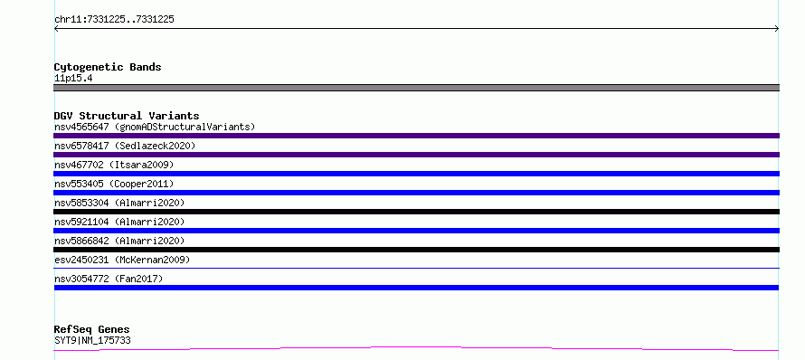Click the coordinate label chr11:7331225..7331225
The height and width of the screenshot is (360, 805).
click(114, 20)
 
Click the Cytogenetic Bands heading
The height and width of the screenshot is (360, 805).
click(108, 67)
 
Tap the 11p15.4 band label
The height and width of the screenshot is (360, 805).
click(73, 79)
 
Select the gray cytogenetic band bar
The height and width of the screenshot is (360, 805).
click(416, 88)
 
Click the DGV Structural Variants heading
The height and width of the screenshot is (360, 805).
click(127, 116)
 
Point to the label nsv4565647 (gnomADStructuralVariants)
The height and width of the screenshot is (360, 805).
click(155, 127)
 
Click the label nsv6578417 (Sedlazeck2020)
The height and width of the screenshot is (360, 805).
click(125, 146)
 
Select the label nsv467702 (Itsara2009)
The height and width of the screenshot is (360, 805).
click(114, 165)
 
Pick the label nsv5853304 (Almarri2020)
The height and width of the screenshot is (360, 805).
click(119, 203)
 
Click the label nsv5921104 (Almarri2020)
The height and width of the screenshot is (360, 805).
click(119, 222)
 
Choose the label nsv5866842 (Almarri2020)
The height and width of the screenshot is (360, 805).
click(119, 241)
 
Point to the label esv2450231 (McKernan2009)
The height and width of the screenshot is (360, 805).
click(122, 260)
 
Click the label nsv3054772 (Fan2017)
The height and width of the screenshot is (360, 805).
click(109, 279)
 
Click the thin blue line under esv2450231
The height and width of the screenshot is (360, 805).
click(416, 268)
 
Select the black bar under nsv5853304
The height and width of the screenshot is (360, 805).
click(416, 212)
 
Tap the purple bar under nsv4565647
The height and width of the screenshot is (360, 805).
click(416, 136)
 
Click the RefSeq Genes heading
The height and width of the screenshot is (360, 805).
click(92, 329)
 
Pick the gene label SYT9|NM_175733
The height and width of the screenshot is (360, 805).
click(92, 340)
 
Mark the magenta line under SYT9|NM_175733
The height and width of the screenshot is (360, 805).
click(416, 349)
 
